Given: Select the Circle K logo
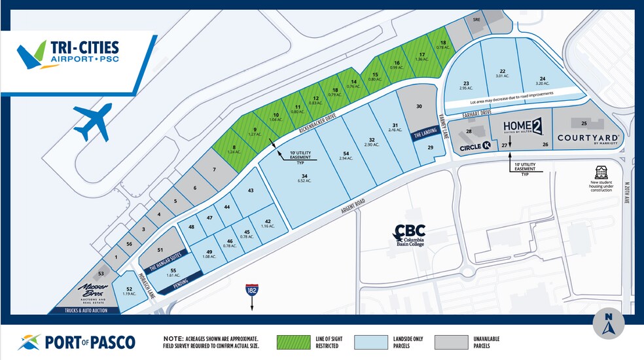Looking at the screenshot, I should [476, 147].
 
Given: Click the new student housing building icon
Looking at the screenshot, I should [600, 171].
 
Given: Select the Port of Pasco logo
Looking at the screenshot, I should [77, 342].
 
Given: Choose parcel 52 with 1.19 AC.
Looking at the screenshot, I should [129, 293].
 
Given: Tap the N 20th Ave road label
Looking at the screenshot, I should [626, 194].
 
